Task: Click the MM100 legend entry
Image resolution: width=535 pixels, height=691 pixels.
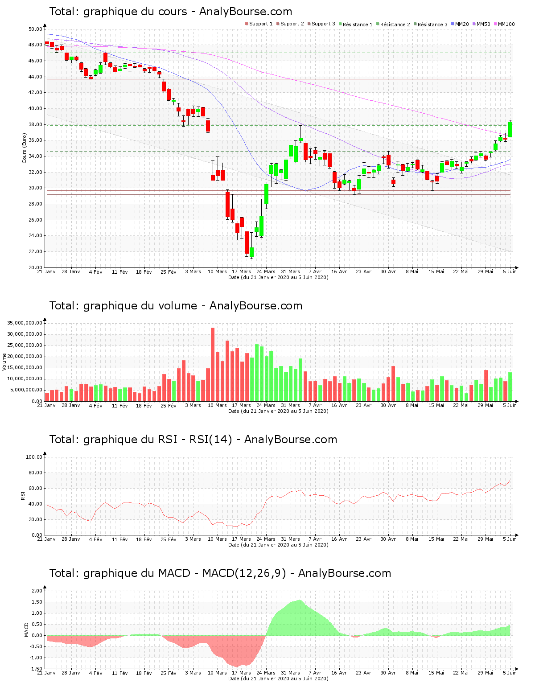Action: tap(504, 24)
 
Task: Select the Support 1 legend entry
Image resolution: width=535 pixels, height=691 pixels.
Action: tap(259, 24)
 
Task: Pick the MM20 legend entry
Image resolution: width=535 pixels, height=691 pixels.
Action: tap(460, 24)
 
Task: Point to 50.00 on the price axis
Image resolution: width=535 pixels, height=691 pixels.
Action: tap(35, 29)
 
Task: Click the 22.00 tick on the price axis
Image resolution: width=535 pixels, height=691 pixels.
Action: tap(35, 251)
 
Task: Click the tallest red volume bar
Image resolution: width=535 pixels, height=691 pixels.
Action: tap(213, 364)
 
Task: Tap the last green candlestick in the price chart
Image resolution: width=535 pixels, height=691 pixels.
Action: tap(510, 129)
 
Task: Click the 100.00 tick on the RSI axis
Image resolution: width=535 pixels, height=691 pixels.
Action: tap(34, 457)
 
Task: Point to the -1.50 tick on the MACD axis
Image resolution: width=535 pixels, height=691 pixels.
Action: tap(37, 669)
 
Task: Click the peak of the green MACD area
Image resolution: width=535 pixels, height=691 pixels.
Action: tap(300, 600)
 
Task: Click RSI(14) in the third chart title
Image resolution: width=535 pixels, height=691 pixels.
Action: tap(211, 440)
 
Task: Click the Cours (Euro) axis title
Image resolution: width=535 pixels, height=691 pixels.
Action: tap(24, 148)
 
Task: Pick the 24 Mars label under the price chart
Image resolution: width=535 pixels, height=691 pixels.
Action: tap(266, 271)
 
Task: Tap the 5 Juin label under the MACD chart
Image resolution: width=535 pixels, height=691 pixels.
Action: tap(510, 673)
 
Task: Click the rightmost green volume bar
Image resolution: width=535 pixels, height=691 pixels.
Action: tap(510, 387)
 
